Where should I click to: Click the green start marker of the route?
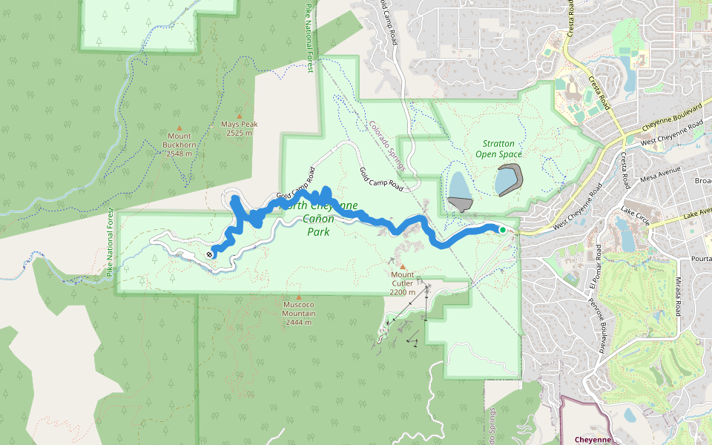[502, 230]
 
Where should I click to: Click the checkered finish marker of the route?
[210, 254]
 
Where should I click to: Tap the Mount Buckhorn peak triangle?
[179, 128]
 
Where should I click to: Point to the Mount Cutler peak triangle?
[403, 266]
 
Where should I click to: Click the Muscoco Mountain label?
[299, 313]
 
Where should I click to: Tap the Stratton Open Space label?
[499, 148]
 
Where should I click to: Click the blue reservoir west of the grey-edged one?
[459, 186]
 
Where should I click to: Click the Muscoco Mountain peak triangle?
[299, 297]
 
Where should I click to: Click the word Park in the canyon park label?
[318, 231]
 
